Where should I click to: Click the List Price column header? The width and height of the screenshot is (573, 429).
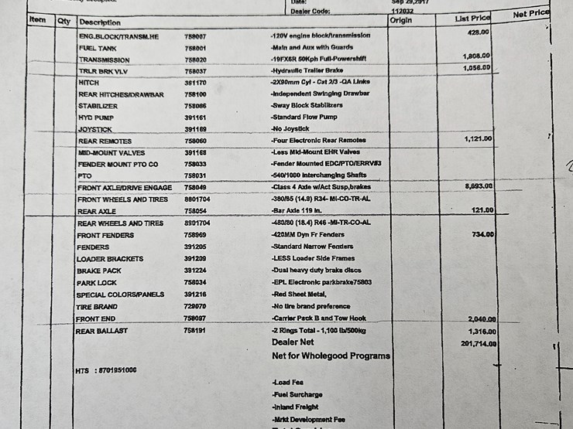(x=472, y=18)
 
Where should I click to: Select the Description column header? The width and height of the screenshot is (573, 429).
(x=99, y=22)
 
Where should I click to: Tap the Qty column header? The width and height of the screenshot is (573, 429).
(x=63, y=22)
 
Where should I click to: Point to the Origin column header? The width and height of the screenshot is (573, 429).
(x=400, y=20)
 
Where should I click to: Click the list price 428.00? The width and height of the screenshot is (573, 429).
(x=478, y=32)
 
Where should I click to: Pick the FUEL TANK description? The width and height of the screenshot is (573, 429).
(x=98, y=48)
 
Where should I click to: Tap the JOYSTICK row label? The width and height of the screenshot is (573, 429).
(x=95, y=129)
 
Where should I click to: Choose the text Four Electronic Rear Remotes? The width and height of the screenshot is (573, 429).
(x=319, y=141)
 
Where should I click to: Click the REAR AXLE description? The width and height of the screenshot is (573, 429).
(x=98, y=212)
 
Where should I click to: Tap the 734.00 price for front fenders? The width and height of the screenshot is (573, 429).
(x=483, y=233)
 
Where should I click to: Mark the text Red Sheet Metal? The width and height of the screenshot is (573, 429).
(x=300, y=295)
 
